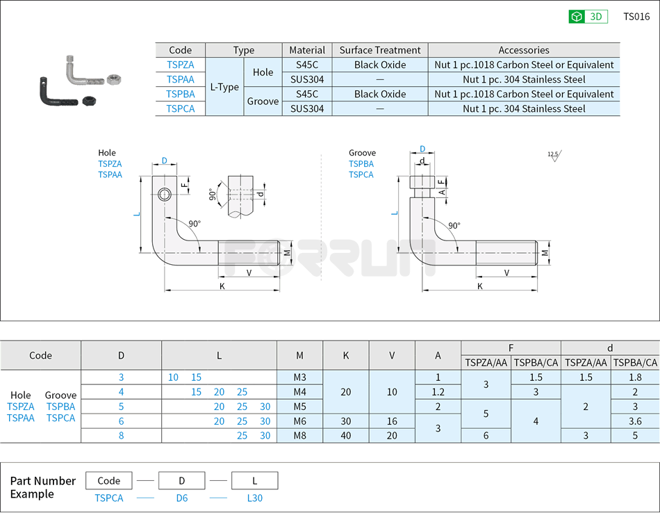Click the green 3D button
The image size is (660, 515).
pyautogui.click(x=588, y=17)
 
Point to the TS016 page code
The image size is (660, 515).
pyautogui.click(x=636, y=17)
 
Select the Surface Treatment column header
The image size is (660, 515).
pyautogui.click(x=380, y=50)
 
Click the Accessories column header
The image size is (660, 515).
pyautogui.click(x=524, y=50)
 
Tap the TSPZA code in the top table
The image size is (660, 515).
pyautogui.click(x=181, y=65)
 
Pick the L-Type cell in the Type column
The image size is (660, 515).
pyautogui.click(x=224, y=87)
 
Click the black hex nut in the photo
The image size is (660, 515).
pyautogui.click(x=89, y=101)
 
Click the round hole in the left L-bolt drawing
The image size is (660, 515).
pyautogui.click(x=165, y=194)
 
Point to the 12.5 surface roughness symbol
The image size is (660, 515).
pyautogui.click(x=554, y=156)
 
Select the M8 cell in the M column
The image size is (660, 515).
pyautogui.click(x=299, y=436)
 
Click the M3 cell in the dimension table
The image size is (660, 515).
pyautogui.click(x=299, y=377)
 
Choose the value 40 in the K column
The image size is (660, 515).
pyautogui.click(x=345, y=436)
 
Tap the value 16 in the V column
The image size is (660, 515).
pyautogui.click(x=392, y=421)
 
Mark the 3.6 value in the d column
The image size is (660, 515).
pyautogui.click(x=634, y=421)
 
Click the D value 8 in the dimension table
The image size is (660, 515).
pyautogui.click(x=121, y=436)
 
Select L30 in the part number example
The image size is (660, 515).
pyautogui.click(x=254, y=498)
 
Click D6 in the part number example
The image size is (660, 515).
pyautogui.click(x=181, y=498)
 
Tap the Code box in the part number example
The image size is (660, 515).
pyautogui.click(x=109, y=481)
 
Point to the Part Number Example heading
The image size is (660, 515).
pyautogui.click(x=43, y=487)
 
